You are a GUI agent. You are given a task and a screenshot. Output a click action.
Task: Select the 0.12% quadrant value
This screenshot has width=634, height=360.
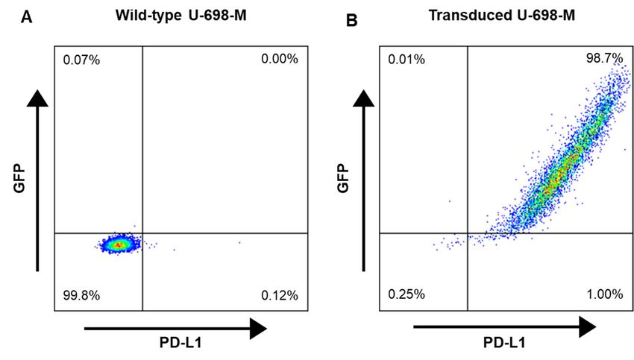280,296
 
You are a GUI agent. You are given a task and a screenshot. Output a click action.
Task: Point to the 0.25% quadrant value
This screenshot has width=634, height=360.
407,294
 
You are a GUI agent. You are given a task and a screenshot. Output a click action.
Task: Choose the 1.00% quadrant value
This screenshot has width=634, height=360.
605,294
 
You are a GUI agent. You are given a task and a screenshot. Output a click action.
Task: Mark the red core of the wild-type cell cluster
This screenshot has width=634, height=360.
116,244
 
